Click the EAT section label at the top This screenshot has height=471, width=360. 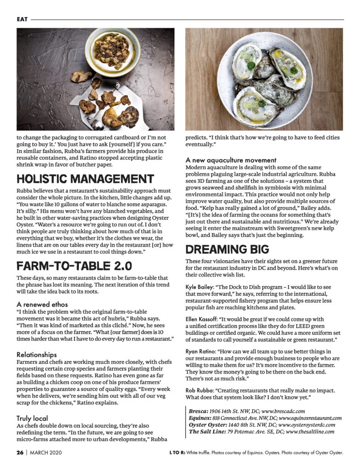coord(22,19)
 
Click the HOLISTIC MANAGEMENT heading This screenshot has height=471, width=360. coord(85,179)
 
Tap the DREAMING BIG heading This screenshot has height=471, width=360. coord(227,249)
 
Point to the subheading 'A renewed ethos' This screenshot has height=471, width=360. coord(42,304)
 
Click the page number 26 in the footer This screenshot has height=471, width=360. coord(20,453)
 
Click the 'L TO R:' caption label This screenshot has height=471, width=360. coord(177,453)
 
